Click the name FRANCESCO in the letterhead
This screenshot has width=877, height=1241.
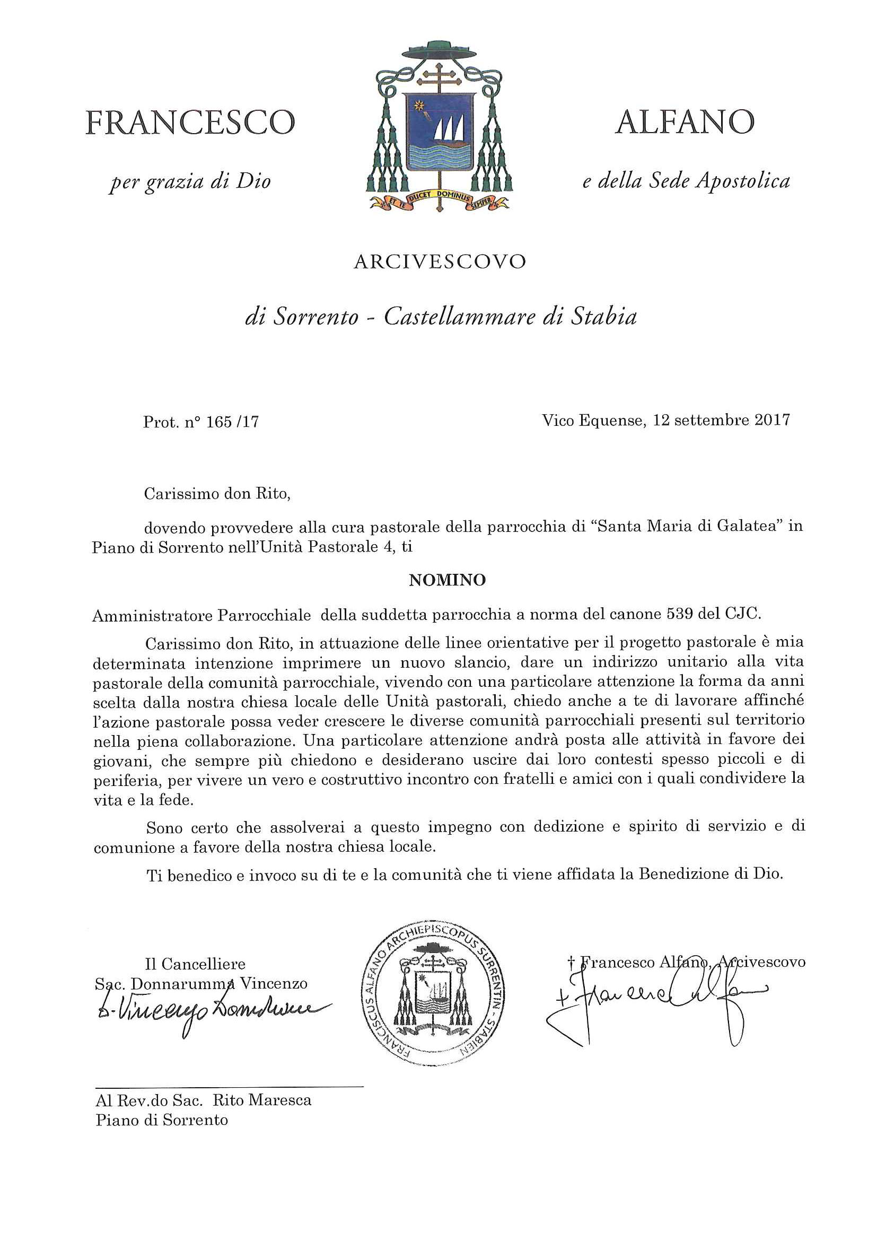pos(190,123)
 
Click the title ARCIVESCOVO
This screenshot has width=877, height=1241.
pos(440,262)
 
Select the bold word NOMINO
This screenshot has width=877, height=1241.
pos(448,581)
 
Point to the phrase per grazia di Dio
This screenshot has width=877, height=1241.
pos(190,181)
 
